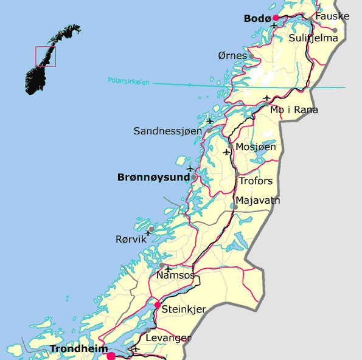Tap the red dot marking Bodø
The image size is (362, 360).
pos(276,18)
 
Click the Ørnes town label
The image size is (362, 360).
pos(232,56)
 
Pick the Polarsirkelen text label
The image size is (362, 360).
pos(128,80)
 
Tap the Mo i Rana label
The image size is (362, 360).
pos(294,110)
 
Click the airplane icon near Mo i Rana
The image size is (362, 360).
pos(266,97)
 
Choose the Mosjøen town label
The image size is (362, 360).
pos(256,147)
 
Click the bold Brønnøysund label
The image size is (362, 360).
pos(153,178)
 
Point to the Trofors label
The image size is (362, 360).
pos(256,181)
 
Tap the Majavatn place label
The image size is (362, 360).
pos(257,200)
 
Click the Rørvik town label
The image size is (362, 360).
pos(131,240)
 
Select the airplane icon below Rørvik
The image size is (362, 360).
pos(147,232)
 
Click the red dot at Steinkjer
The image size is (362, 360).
pos(158,305)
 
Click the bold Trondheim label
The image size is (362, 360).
pos(75,349)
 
